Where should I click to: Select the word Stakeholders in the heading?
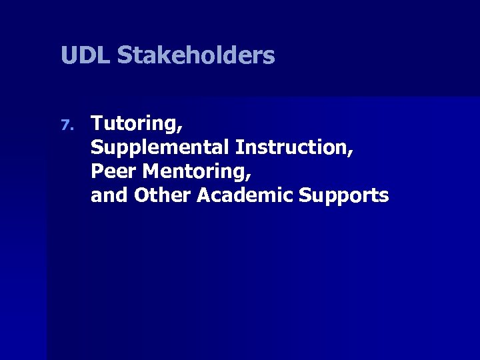point(196,55)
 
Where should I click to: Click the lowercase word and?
point(109,195)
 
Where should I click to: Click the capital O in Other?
point(141,195)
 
